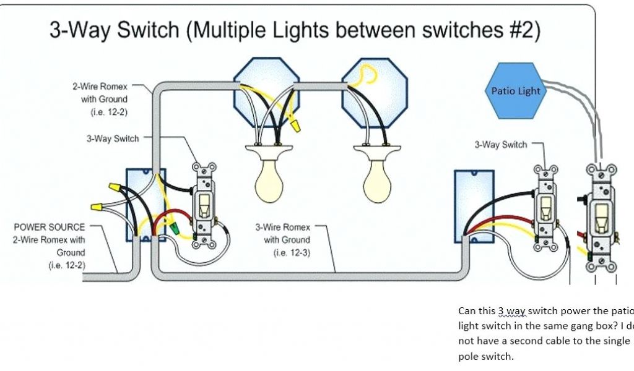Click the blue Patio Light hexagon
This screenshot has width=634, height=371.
[x=515, y=91]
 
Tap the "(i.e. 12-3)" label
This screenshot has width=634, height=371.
[x=287, y=252]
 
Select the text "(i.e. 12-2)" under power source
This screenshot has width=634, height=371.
[x=66, y=265]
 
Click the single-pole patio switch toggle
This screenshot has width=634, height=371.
[x=600, y=213]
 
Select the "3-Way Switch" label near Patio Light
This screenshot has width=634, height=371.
[x=501, y=145]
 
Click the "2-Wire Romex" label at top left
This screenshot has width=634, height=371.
[x=100, y=86]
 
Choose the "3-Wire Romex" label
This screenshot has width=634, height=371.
[x=283, y=227]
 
